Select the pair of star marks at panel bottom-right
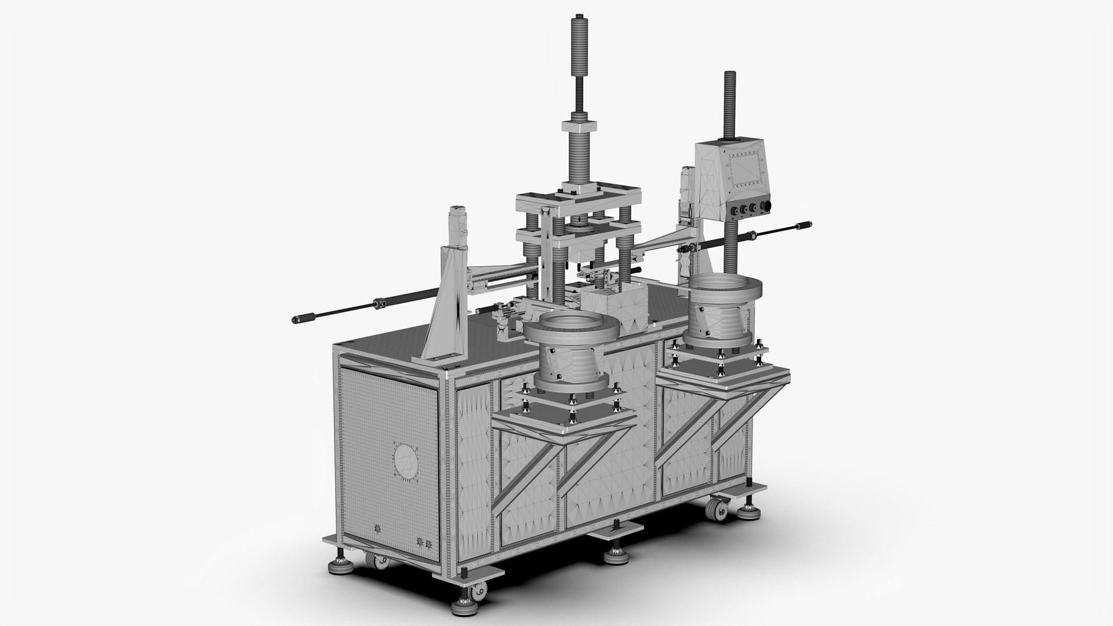point(425,543)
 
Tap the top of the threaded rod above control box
point(728,75)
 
